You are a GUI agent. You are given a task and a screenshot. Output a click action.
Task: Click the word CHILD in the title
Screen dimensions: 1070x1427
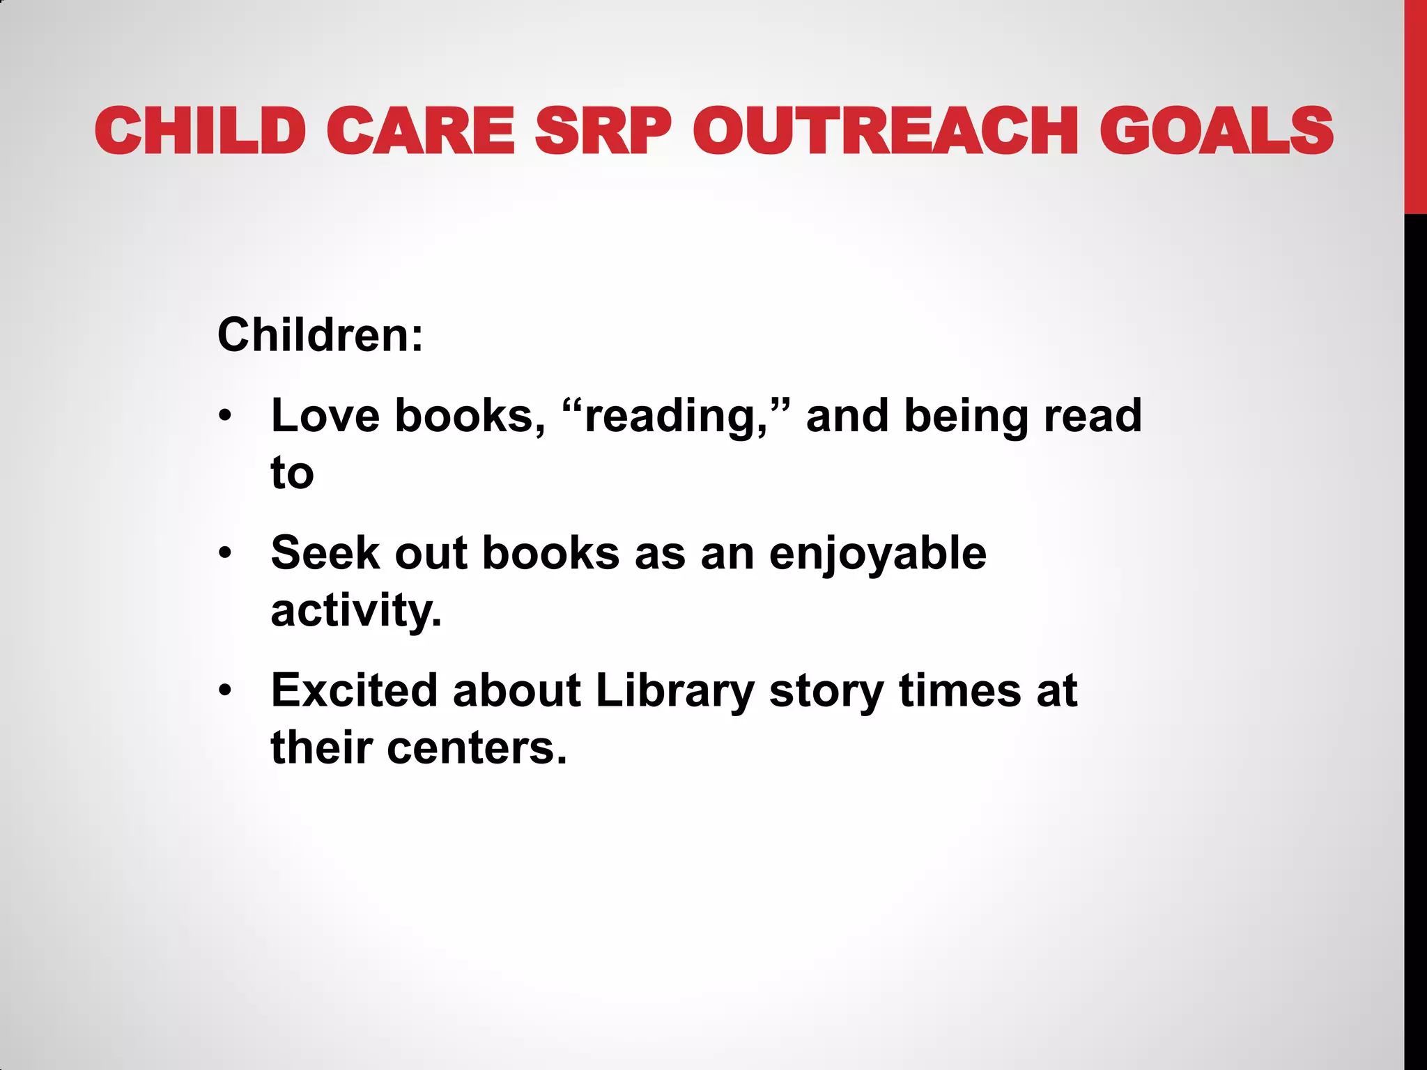pyautogui.click(x=201, y=131)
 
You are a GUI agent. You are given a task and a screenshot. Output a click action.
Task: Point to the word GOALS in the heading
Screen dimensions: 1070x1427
pyautogui.click(x=1216, y=131)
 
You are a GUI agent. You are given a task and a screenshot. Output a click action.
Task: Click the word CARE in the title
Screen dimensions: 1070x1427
pyautogui.click(x=420, y=131)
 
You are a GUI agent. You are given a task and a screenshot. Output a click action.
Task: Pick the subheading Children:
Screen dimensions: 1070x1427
pyautogui.click(x=320, y=335)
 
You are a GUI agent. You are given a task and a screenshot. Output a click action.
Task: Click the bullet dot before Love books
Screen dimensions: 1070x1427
pyautogui.click(x=224, y=417)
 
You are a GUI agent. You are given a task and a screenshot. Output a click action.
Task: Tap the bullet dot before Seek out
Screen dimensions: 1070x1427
pyautogui.click(x=224, y=555)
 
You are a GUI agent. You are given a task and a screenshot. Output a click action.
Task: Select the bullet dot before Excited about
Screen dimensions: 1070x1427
pyautogui.click(x=224, y=692)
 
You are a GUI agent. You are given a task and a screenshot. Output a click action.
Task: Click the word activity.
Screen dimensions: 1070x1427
pyautogui.click(x=356, y=612)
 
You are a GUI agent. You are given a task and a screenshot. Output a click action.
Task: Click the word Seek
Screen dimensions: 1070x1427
pyautogui.click(x=325, y=554)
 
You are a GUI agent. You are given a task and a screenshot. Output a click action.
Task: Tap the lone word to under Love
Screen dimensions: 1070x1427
pyautogui.click(x=292, y=474)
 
